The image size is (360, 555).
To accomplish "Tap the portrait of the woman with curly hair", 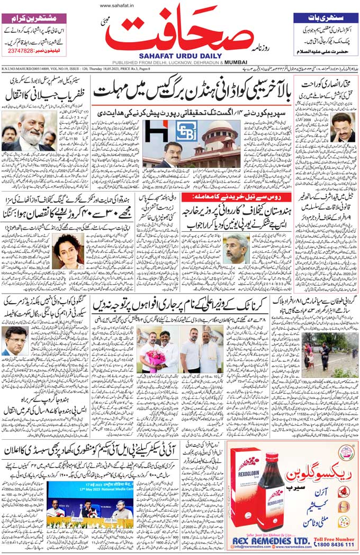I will coord(66,249).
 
